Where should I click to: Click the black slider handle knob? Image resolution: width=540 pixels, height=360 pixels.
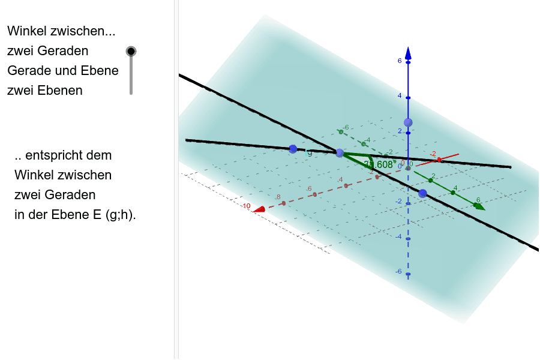tap(131, 52)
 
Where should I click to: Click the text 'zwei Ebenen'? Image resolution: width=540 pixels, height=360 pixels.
tap(45, 91)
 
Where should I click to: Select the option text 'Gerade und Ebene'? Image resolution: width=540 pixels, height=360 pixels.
tap(63, 71)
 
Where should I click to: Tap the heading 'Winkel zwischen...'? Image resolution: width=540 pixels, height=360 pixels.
tap(61, 31)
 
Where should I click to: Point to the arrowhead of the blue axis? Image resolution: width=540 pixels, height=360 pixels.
tap(408, 53)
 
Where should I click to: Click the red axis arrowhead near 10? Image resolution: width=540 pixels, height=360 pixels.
tap(259, 209)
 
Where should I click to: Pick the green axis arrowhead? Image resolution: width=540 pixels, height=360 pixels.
tap(479, 207)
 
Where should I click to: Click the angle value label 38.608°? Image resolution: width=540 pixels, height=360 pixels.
tap(379, 164)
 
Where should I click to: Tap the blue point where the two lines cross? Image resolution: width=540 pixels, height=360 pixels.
tap(340, 153)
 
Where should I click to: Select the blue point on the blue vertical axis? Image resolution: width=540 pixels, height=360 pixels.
tap(408, 122)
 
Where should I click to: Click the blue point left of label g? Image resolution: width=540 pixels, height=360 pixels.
tap(293, 149)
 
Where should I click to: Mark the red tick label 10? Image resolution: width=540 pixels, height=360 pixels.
tap(246, 206)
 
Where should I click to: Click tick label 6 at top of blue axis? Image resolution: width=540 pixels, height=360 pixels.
tap(400, 61)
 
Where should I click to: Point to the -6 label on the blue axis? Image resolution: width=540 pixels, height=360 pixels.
tap(398, 272)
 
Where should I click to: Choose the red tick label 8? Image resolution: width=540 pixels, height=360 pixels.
tap(278, 197)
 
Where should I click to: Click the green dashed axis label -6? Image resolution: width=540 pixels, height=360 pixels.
tap(346, 127)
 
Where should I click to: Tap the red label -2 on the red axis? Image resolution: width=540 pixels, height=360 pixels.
tap(433, 154)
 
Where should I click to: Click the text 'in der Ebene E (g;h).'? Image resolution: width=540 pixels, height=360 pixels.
tap(75, 215)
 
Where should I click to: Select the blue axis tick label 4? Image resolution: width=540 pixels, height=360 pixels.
tap(400, 96)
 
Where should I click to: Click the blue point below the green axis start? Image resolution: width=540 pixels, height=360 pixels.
tap(422, 193)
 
